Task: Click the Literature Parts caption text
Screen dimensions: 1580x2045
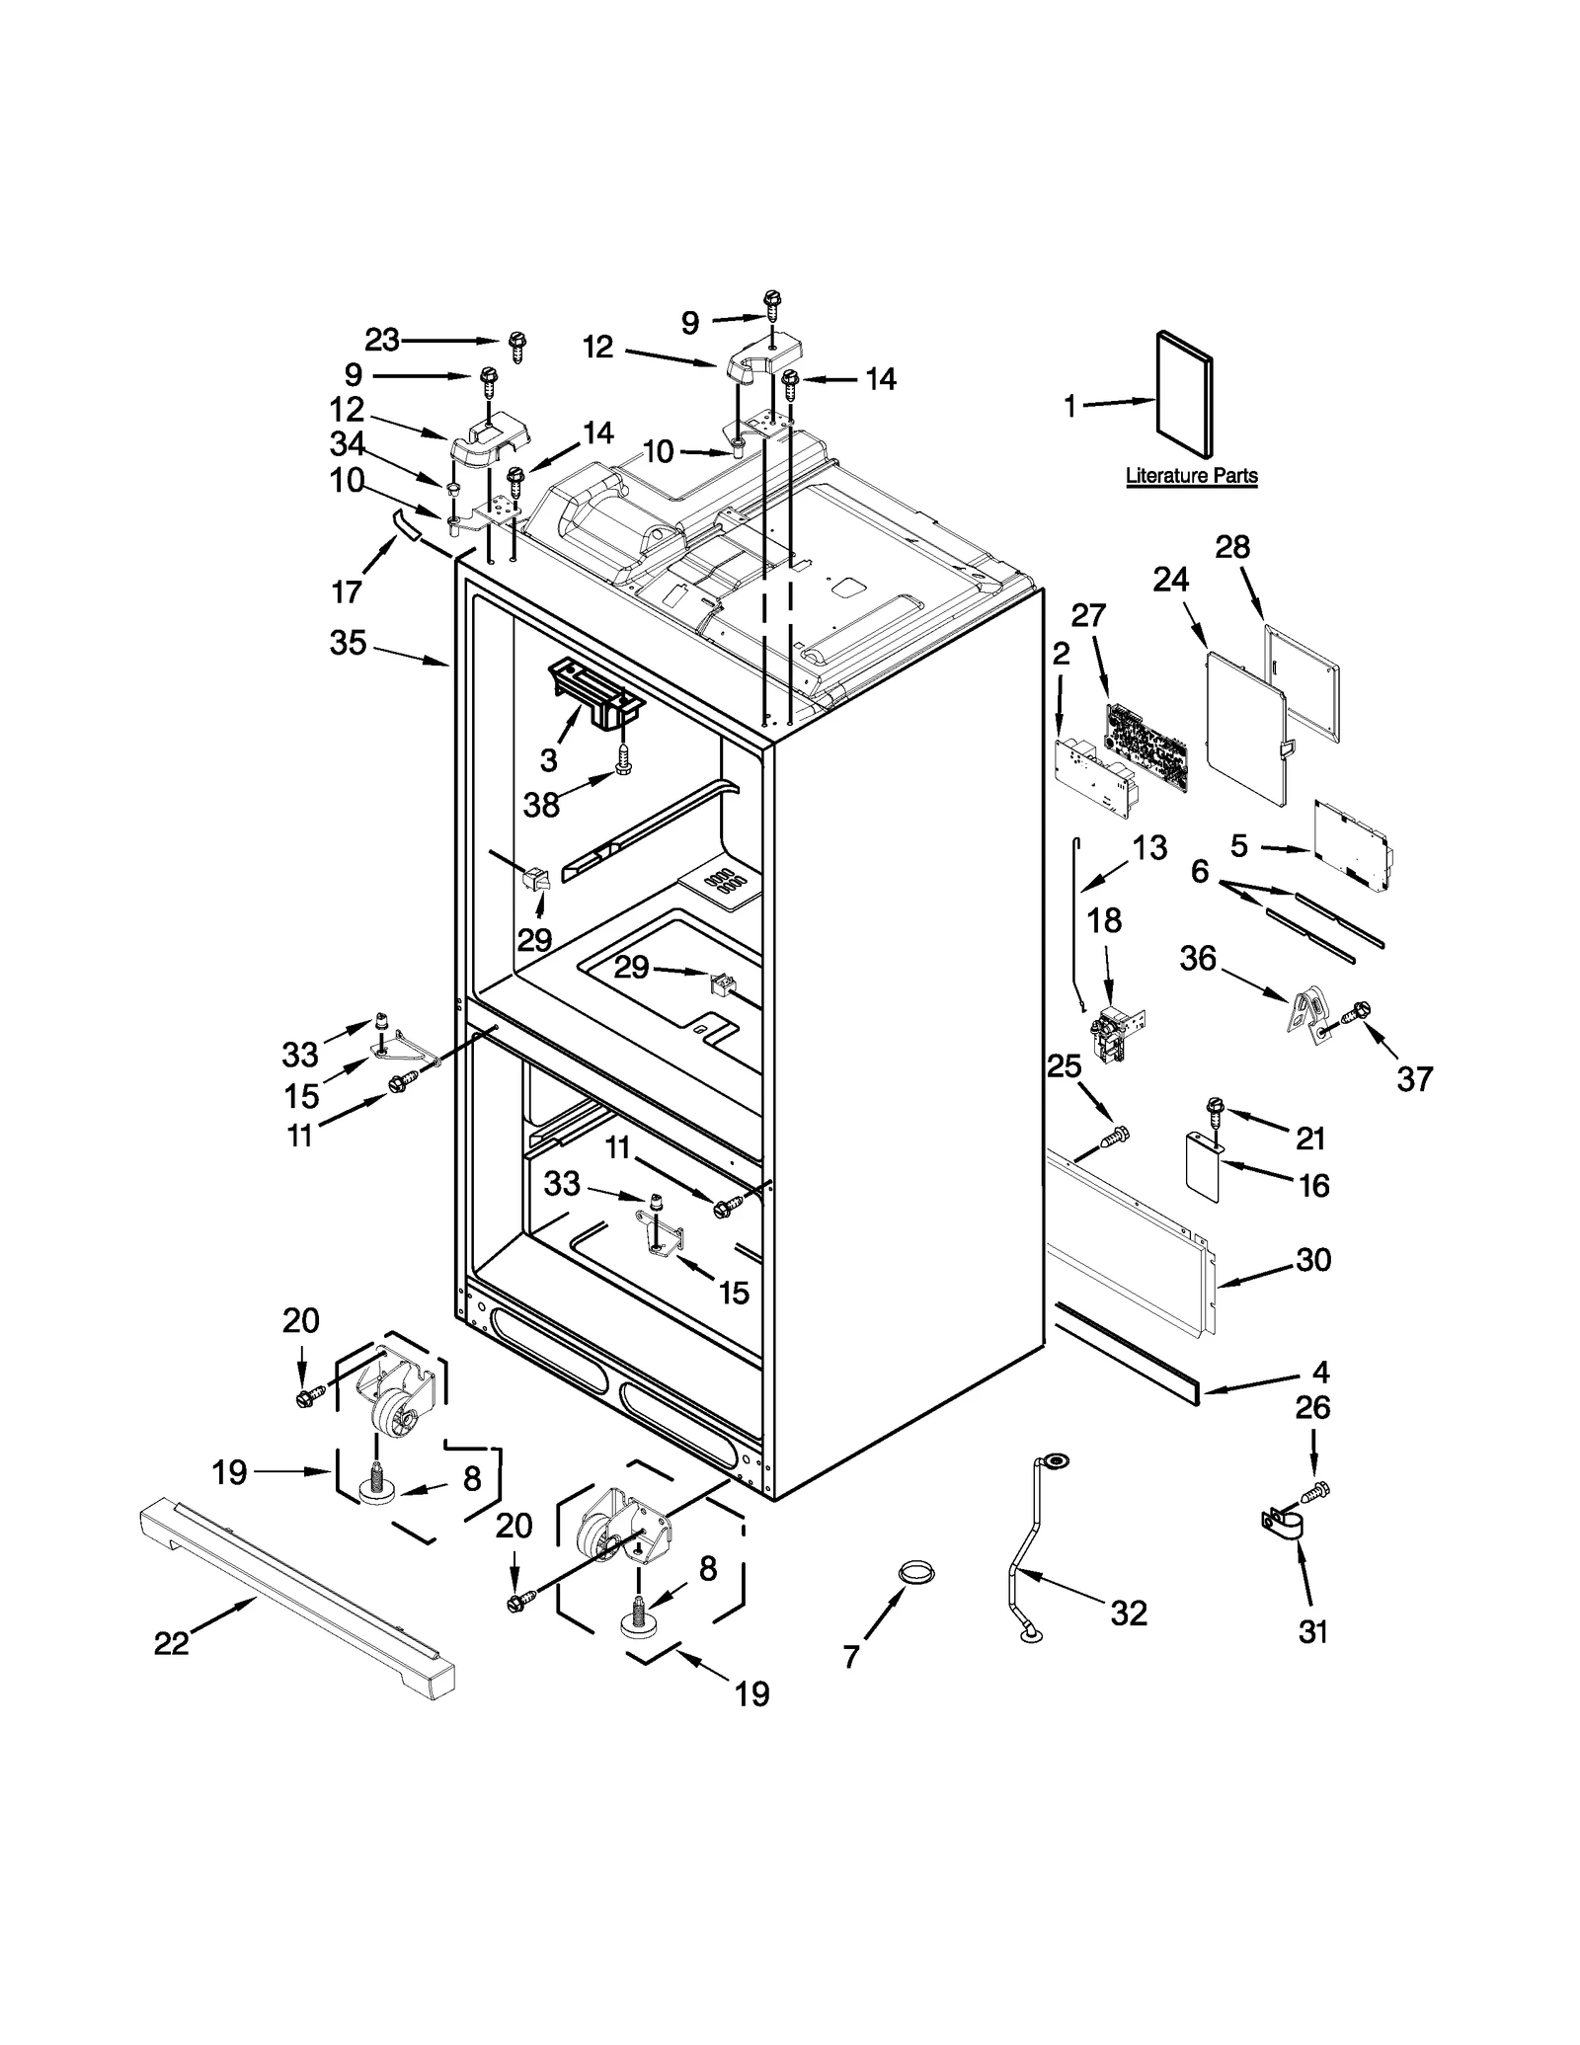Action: tap(1191, 476)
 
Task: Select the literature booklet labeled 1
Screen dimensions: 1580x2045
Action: tap(1184, 396)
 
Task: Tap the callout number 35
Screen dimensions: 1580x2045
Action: tap(348, 644)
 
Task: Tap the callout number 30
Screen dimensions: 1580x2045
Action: tap(1313, 1260)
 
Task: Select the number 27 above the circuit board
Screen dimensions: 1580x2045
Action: tap(1088, 616)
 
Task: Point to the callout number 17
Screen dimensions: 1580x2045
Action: tap(348, 592)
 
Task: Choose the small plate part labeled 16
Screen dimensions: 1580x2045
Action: tap(1203, 1167)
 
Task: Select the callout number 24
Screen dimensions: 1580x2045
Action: tap(1171, 580)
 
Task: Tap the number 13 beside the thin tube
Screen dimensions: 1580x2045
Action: tap(1149, 847)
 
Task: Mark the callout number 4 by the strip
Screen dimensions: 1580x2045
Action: tap(1321, 1372)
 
